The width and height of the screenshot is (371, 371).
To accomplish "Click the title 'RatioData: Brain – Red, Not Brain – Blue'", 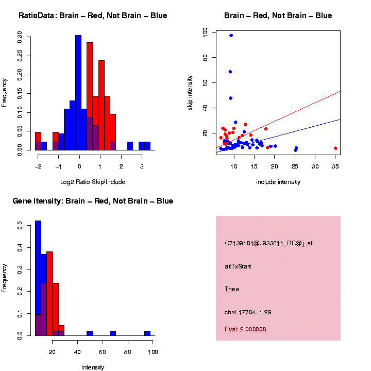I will [x=93, y=15].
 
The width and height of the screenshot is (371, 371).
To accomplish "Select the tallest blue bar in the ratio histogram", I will [x=78, y=93].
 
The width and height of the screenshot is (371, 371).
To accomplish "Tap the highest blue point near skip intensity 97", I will [x=231, y=36].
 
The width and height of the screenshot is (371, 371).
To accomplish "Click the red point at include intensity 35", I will [x=335, y=148].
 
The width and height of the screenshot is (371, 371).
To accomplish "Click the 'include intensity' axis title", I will [x=278, y=182].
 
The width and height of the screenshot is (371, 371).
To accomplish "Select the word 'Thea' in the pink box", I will [x=232, y=289].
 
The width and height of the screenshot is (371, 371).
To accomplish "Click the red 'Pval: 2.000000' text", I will [x=246, y=329].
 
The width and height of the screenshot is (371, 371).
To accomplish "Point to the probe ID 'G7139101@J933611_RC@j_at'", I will [x=268, y=243].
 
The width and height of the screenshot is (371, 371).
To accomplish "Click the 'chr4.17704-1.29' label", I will [x=248, y=312].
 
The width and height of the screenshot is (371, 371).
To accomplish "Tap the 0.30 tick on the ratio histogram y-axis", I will [x=20, y=36].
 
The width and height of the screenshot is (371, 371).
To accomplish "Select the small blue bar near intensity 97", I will [x=147, y=333].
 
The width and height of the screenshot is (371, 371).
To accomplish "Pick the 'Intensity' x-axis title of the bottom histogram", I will [x=93, y=367].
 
